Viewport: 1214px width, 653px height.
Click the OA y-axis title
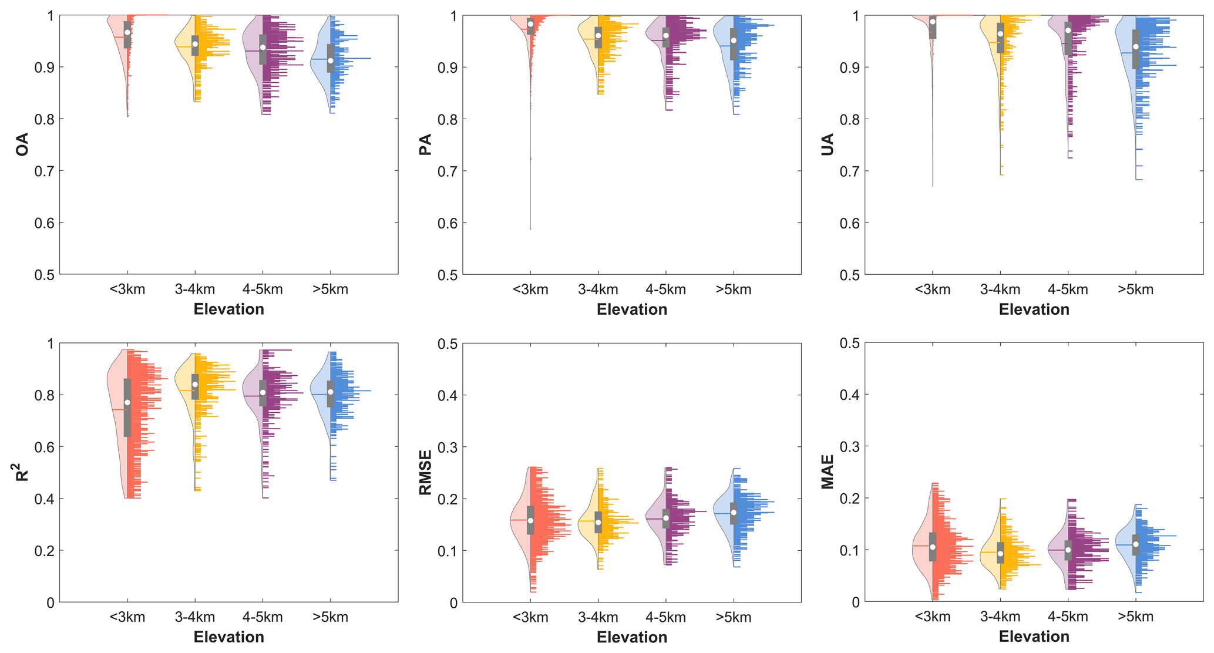coord(22,144)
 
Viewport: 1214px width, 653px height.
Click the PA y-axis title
coord(425,144)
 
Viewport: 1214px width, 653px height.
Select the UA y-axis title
coord(828,144)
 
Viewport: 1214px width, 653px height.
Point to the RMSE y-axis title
coord(425,472)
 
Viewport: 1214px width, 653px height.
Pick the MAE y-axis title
coord(828,472)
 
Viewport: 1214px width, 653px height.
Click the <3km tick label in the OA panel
coord(127,290)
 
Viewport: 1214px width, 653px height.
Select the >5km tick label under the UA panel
coord(1135,290)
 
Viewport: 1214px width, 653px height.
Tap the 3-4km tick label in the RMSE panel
coord(598,617)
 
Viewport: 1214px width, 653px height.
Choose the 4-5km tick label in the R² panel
coord(263,617)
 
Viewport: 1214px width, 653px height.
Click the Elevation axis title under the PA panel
coord(632,309)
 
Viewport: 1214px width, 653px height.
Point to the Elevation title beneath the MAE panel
coord(1034,637)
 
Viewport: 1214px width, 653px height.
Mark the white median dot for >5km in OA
coord(331,60)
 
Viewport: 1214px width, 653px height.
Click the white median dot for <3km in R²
coord(127,402)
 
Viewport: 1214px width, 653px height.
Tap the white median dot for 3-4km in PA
coord(598,36)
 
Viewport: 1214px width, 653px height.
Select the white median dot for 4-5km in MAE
coord(1068,550)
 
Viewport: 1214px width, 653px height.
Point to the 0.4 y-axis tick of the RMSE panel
coord(446,395)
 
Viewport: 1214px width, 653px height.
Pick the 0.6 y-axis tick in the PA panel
coord(446,223)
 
